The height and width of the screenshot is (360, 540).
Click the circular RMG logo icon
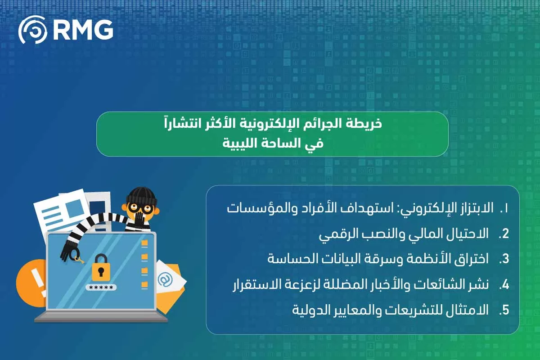point(32,30)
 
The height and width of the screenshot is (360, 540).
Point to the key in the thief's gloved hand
point(79,260)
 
